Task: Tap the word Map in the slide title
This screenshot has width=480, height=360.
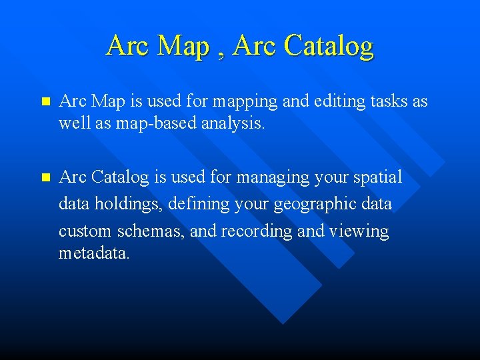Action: (184, 46)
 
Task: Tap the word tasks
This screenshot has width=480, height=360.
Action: (387, 101)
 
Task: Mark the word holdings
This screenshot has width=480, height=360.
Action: (125, 204)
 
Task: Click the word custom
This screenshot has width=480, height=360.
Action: (85, 231)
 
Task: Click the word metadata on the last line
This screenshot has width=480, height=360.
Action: (93, 253)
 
